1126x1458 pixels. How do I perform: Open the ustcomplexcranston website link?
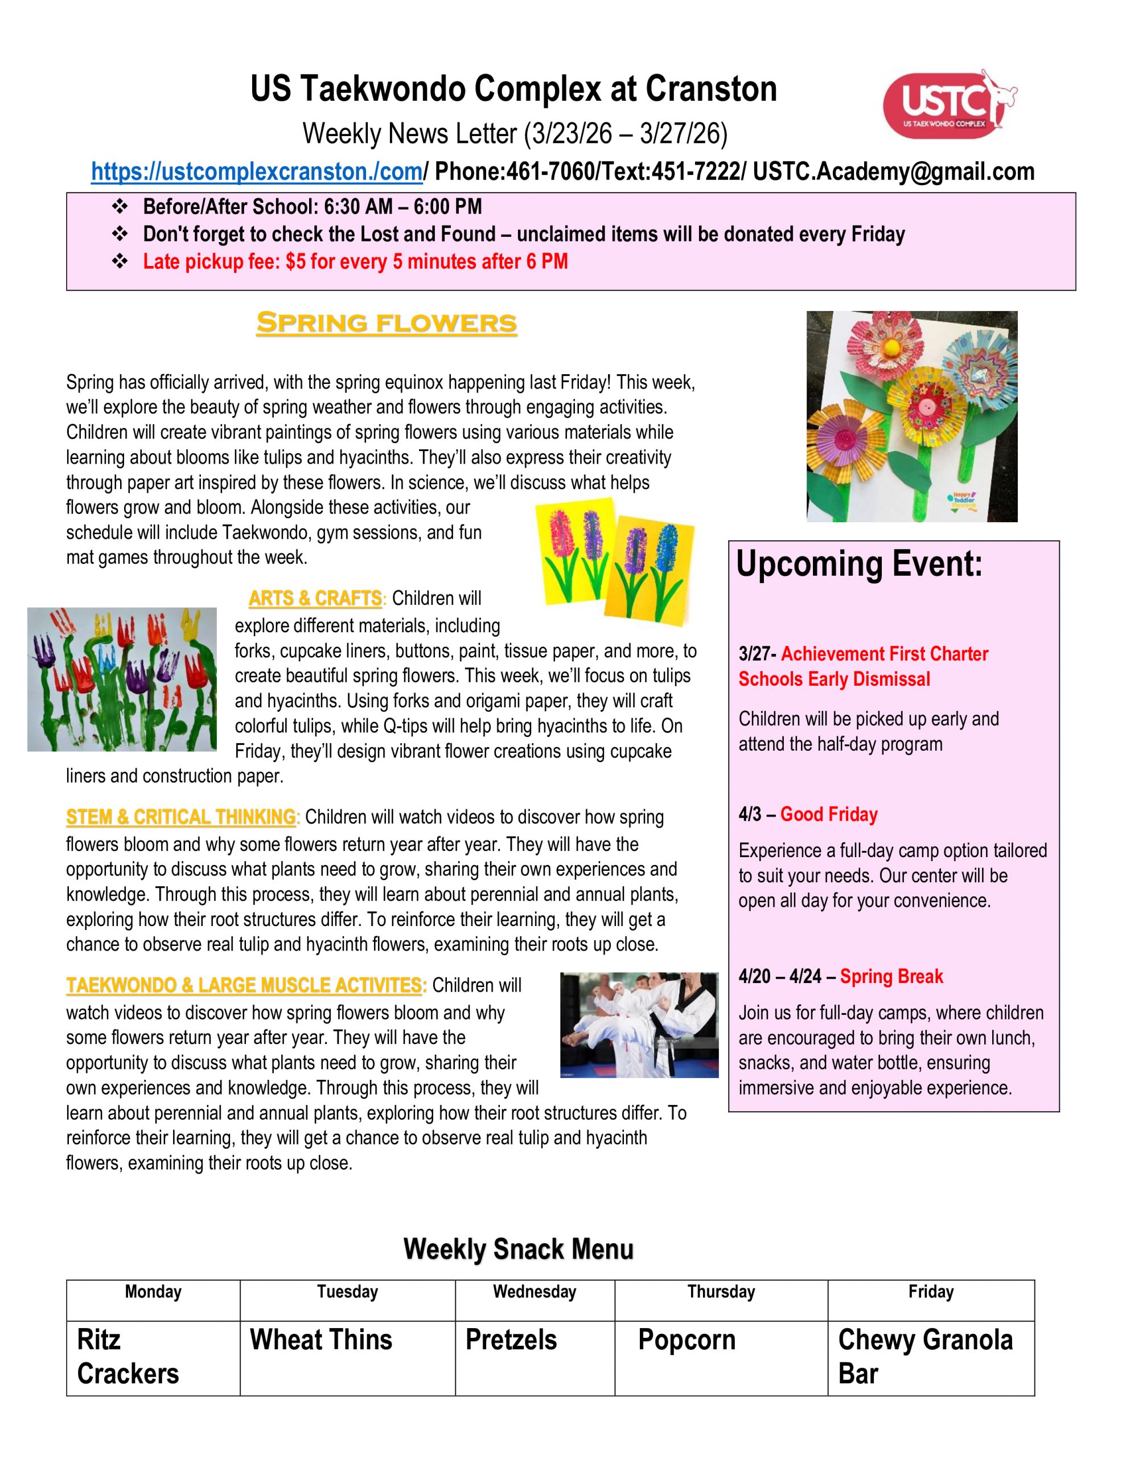[x=257, y=171]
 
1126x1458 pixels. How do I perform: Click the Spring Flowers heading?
[x=387, y=323]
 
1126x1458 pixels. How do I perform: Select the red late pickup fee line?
[x=355, y=261]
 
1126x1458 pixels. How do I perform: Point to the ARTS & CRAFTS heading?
[x=315, y=598]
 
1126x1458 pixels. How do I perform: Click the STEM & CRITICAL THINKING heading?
[x=181, y=817]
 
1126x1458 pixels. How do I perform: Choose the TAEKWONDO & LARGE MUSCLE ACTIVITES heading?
[x=245, y=985]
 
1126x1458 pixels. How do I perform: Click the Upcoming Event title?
[x=859, y=564]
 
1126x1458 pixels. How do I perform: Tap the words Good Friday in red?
[x=829, y=814]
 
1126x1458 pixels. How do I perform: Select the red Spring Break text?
[x=891, y=977]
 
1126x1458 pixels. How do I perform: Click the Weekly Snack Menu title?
[x=518, y=1249]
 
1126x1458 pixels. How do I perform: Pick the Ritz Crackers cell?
[x=153, y=1357]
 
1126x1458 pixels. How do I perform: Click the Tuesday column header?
[x=347, y=1292]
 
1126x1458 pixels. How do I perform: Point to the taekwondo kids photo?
[x=639, y=1025]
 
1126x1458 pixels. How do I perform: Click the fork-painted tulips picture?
[x=122, y=679]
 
